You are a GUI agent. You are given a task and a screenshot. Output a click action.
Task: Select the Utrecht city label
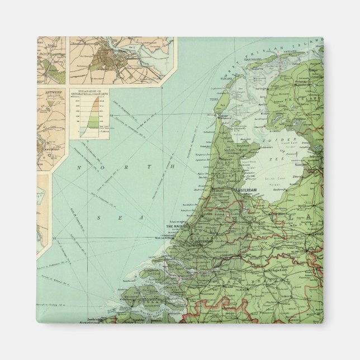coord(259,222)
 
